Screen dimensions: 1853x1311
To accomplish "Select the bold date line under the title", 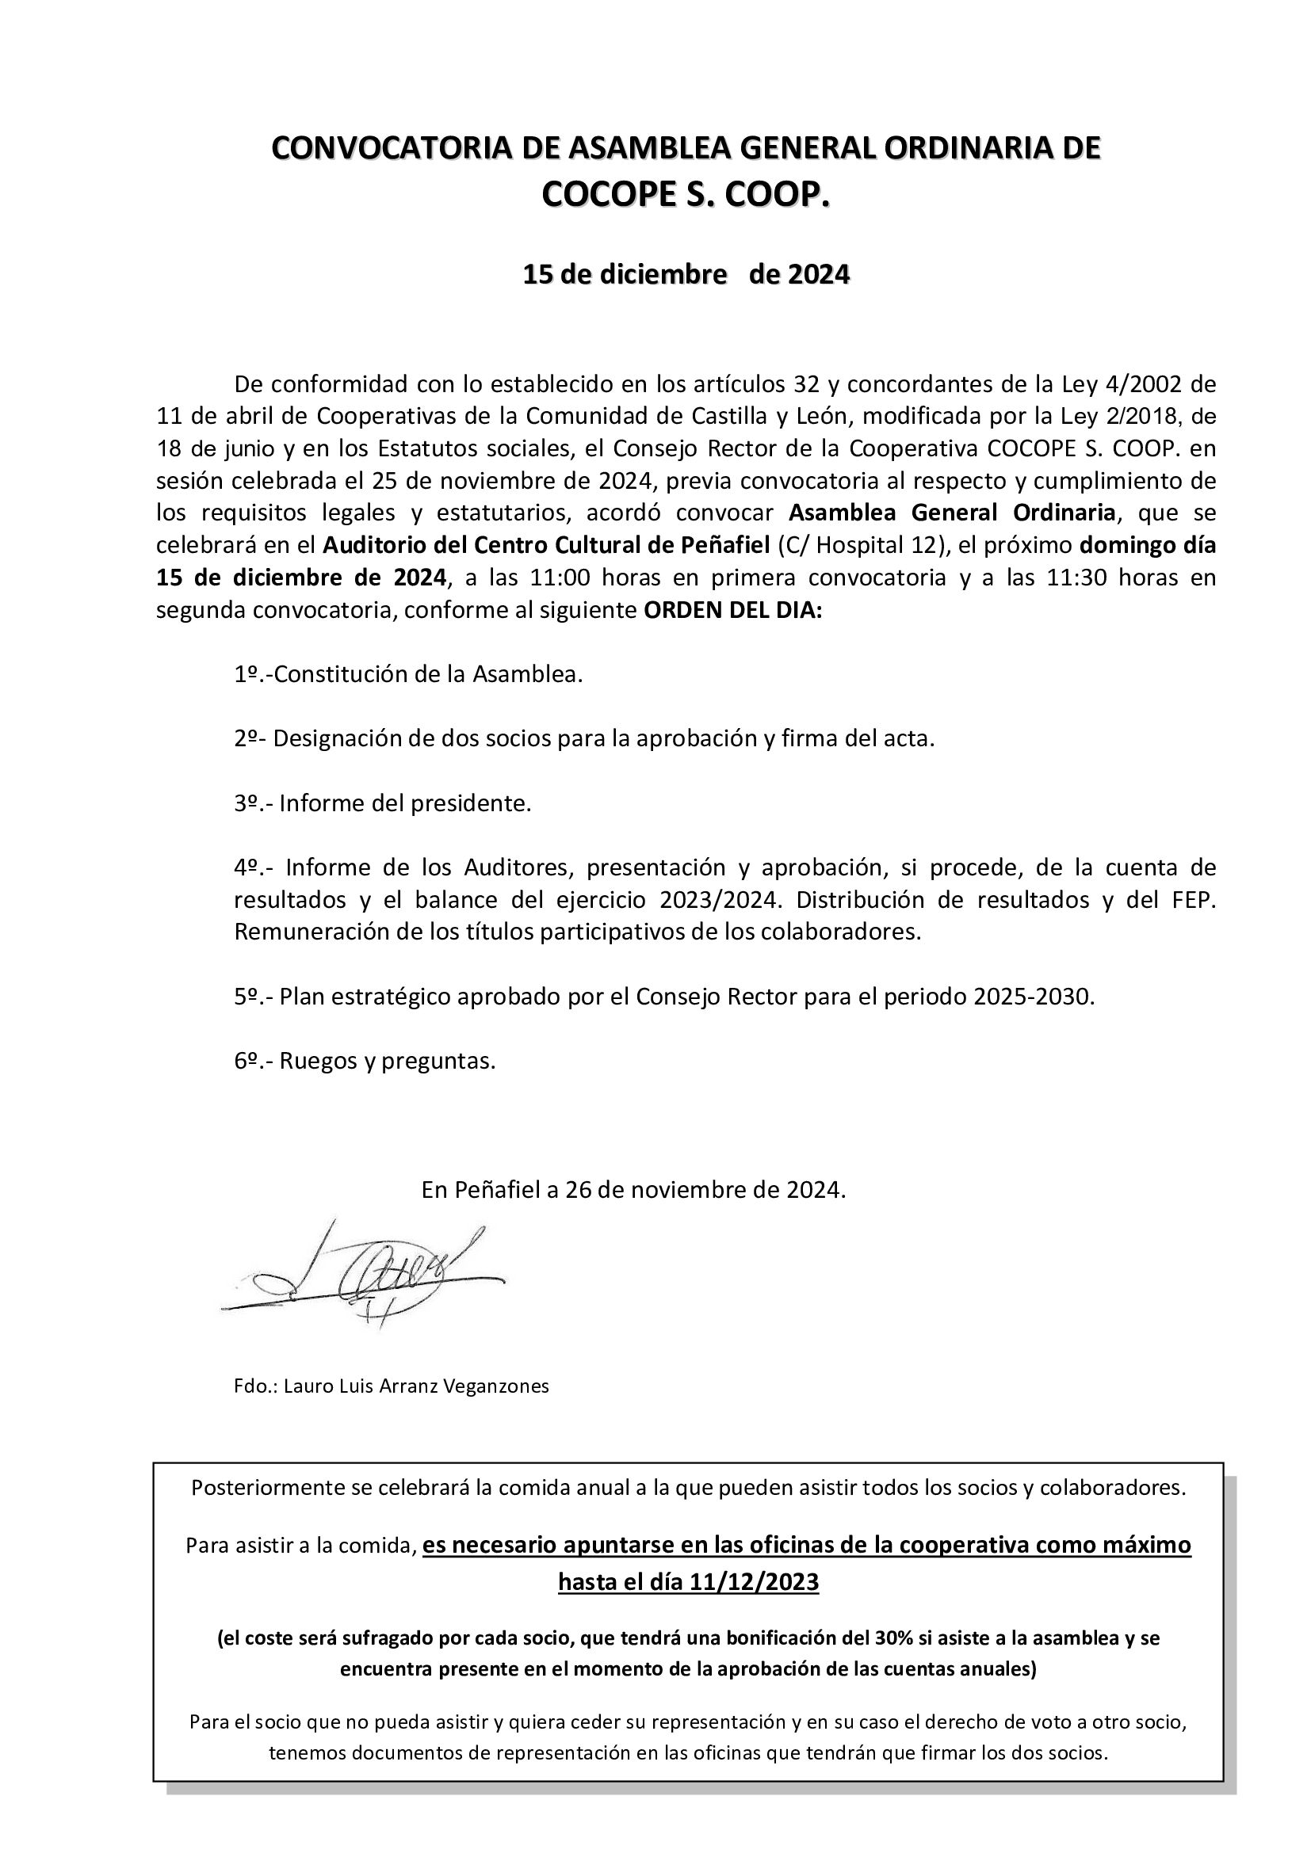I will click(686, 275).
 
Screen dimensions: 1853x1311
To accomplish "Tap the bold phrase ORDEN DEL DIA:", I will click(732, 610).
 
